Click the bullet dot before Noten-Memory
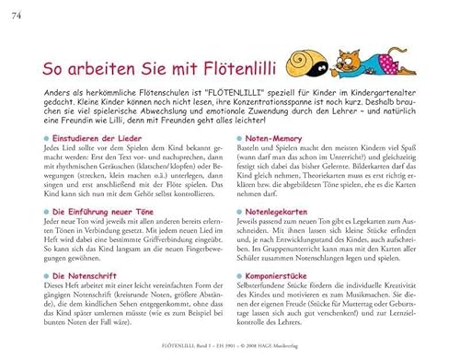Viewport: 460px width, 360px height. coord(242,136)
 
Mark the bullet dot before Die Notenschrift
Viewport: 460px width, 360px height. coord(54,275)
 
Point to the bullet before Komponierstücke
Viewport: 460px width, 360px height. coord(242,275)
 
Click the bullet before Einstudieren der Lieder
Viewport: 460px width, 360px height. coord(54,136)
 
